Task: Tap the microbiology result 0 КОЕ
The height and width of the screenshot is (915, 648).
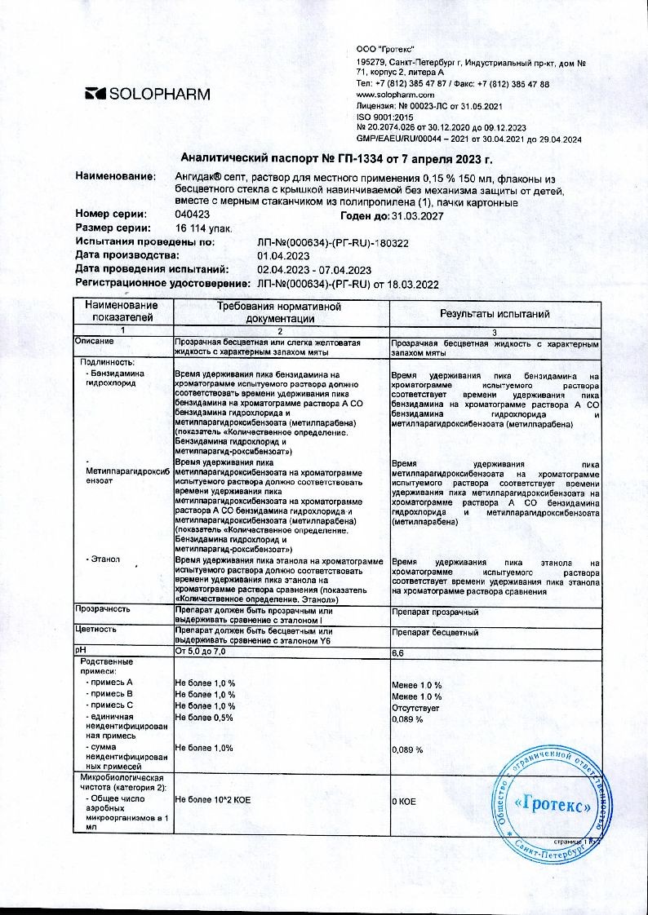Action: pyautogui.click(x=405, y=802)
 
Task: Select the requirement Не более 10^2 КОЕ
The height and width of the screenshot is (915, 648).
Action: pyautogui.click(x=213, y=802)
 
